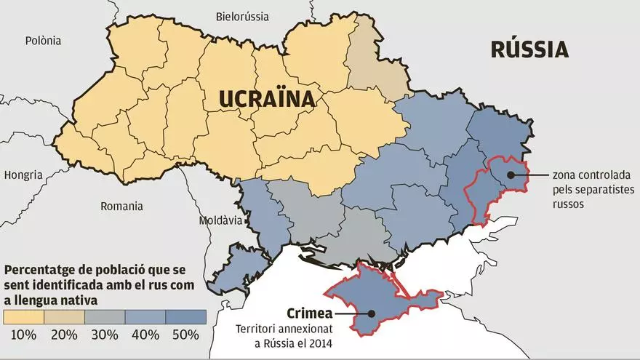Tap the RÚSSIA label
[529, 49]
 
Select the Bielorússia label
[242, 16]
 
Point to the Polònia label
[45, 41]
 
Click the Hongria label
[23, 175]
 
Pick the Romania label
[121, 206]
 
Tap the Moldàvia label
[221, 220]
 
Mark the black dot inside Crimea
[371, 314]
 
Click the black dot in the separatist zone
[511, 175]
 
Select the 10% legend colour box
[24, 317]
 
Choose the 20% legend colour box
[65, 317]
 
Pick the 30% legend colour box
[105, 317]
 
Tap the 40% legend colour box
[145, 317]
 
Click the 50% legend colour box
[186, 317]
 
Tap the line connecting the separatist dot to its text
[531, 175]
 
